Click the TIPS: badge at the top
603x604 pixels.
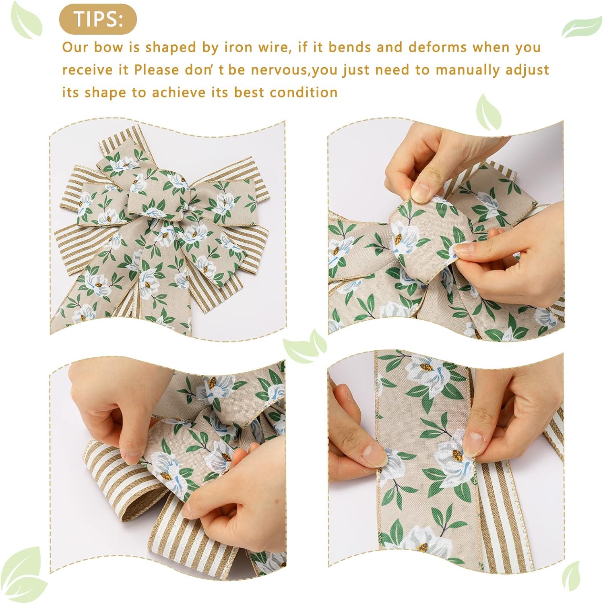click(98, 19)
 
